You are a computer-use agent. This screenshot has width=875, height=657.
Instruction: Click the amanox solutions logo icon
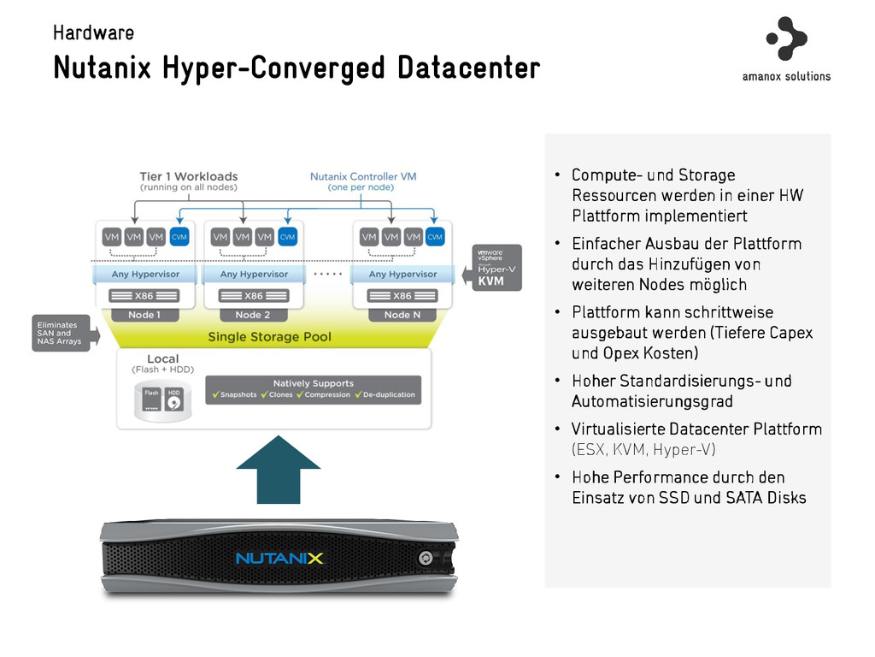786,38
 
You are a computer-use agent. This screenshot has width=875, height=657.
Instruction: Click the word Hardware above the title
93,33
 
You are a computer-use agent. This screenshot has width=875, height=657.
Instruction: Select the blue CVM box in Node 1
179,236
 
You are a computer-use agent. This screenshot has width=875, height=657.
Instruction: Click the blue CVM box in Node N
435,236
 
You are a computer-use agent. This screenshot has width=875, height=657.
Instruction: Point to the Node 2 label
253,315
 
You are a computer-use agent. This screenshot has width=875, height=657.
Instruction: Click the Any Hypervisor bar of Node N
402,275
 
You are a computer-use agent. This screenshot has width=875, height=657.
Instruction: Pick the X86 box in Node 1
144,296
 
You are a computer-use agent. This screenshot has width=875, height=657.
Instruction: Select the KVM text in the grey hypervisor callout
491,281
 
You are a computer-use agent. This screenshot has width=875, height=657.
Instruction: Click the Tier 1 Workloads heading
189,177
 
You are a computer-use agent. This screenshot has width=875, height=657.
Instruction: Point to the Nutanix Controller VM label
363,177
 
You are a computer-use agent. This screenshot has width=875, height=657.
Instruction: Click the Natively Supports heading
313,383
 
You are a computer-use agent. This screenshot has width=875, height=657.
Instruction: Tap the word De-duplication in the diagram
389,395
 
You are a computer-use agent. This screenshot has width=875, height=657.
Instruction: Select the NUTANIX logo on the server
279,559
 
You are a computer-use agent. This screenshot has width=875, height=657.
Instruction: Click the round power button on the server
425,558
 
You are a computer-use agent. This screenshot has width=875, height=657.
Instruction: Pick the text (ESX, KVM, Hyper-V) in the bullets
643,450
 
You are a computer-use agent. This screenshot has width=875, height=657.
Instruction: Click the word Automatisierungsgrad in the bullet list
652,401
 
